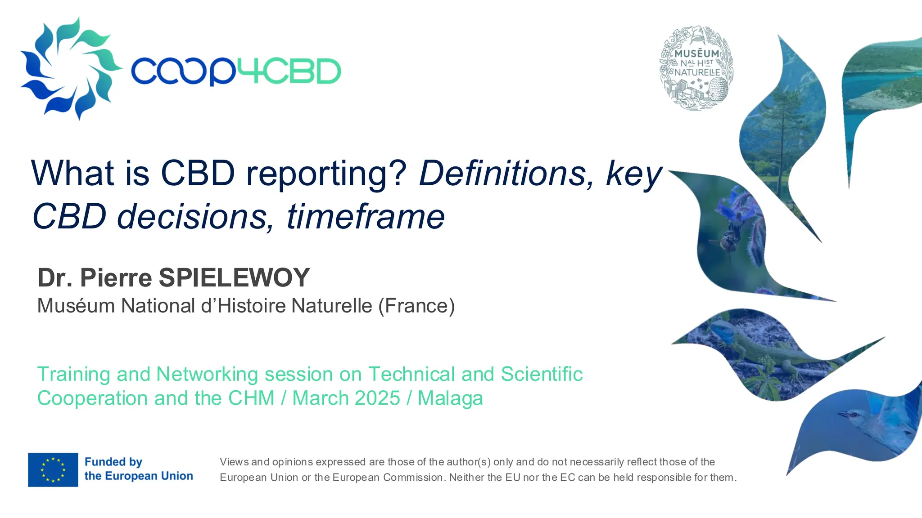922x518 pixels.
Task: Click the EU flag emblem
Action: coord(53,469)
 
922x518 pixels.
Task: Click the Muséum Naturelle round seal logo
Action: coord(696,68)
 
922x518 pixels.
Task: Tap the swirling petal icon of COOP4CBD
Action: coord(70,68)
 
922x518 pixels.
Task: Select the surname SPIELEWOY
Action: coord(234,277)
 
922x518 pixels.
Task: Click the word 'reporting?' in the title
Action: coord(326,174)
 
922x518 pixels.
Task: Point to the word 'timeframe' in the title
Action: coord(366,217)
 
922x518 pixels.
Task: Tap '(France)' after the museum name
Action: coord(416,306)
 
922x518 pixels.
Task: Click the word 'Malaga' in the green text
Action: coord(450,398)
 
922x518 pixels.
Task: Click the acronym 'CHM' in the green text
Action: coord(251,398)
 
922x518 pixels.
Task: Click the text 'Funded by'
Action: coord(113,462)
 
